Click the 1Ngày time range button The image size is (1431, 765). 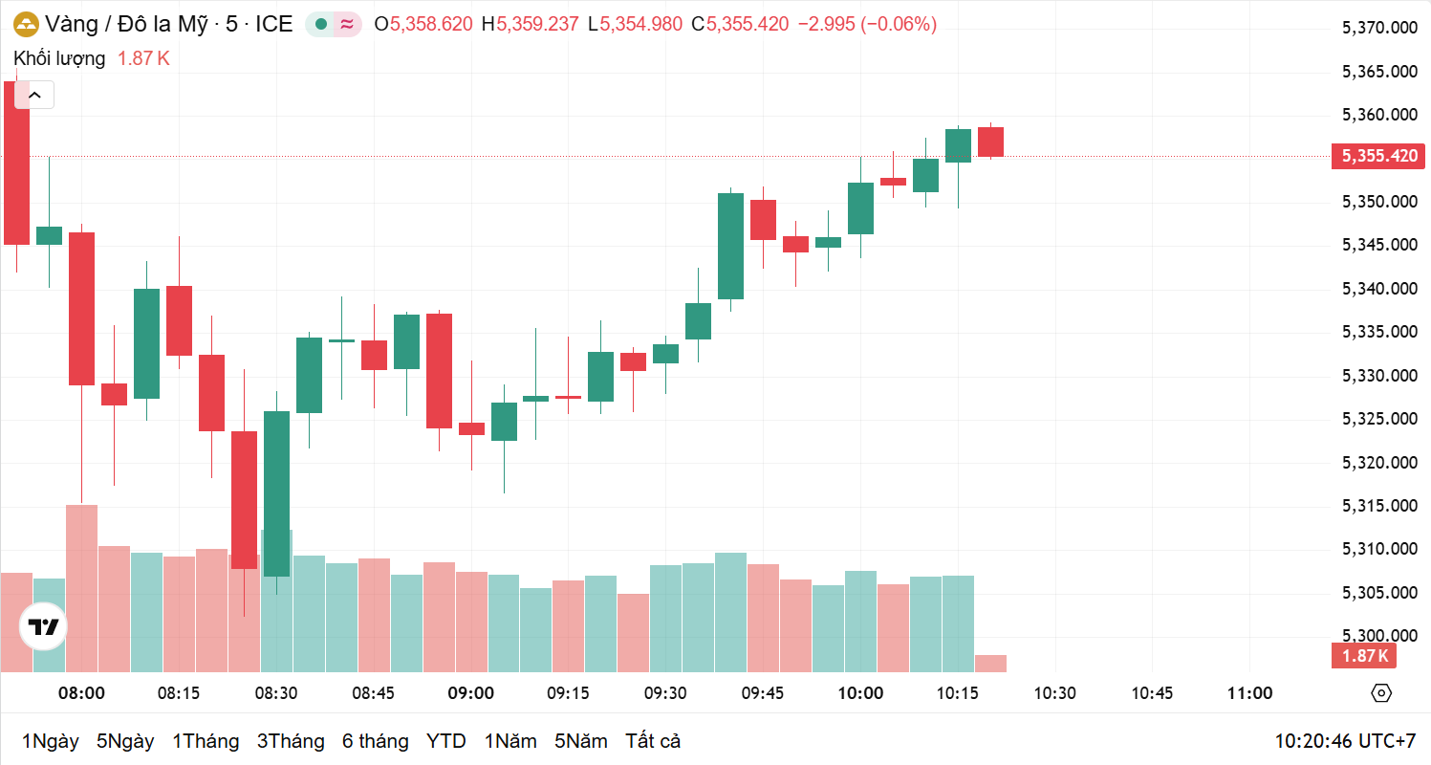[x=50, y=741]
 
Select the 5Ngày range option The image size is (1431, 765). [x=124, y=741]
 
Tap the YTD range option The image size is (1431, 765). [x=445, y=741]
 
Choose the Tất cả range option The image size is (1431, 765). [x=653, y=741]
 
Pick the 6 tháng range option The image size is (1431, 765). [x=375, y=741]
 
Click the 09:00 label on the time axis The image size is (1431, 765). [x=471, y=693]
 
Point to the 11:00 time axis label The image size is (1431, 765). [x=1249, y=693]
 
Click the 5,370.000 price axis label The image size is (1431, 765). [x=1379, y=29]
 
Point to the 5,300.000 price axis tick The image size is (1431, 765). [x=1379, y=636]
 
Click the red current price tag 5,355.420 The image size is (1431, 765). [x=1379, y=156]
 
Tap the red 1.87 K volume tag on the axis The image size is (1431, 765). [x=1364, y=656]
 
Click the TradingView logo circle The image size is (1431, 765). [x=44, y=627]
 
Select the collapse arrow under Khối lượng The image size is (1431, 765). [x=36, y=95]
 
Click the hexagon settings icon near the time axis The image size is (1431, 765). [x=1380, y=693]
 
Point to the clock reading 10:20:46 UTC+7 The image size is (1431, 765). [x=1345, y=741]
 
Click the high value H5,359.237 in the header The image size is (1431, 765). [x=530, y=25]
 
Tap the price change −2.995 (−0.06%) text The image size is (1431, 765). [x=867, y=25]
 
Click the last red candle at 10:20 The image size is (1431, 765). [x=990, y=142]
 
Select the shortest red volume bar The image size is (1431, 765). [x=990, y=664]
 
